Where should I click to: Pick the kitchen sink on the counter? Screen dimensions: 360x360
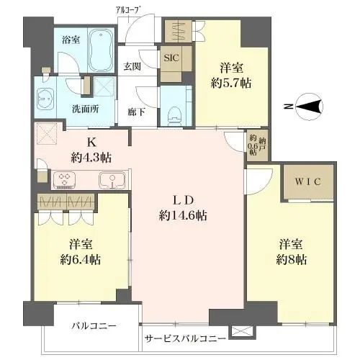pos(109,179)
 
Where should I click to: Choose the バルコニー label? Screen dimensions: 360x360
pos(93,326)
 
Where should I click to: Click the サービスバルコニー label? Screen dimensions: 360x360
pos(185,338)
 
